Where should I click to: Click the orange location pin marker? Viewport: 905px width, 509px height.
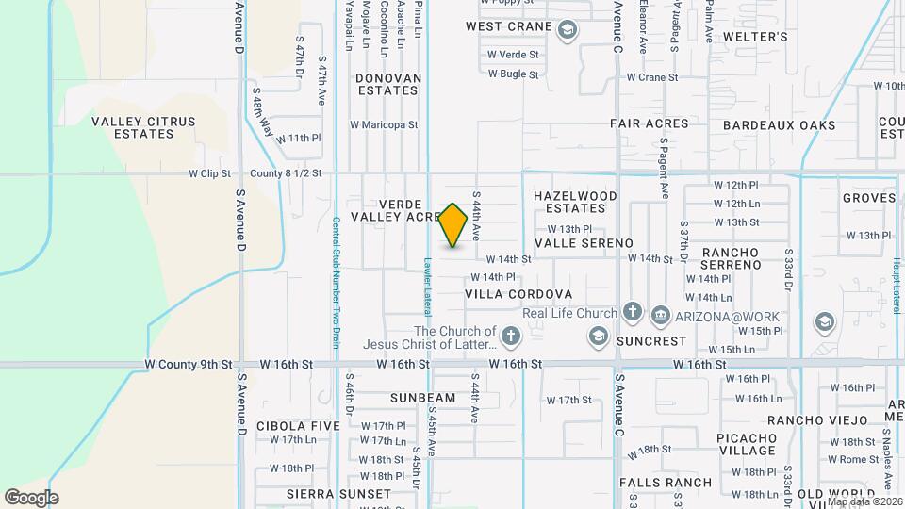453,225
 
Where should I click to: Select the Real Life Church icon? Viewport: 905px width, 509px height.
632,313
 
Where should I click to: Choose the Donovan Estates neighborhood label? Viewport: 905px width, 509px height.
387,84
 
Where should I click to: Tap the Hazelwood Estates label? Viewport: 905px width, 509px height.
575,202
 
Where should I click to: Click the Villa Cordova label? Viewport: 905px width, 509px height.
518,294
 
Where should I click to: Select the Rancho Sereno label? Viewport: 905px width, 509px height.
731,258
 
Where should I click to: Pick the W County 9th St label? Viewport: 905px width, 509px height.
189,363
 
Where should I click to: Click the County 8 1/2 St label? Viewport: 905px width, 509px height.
287,173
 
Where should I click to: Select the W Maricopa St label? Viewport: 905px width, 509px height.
384,123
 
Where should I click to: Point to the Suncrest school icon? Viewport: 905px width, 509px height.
598,337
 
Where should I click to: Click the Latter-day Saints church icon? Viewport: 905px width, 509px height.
511,336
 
